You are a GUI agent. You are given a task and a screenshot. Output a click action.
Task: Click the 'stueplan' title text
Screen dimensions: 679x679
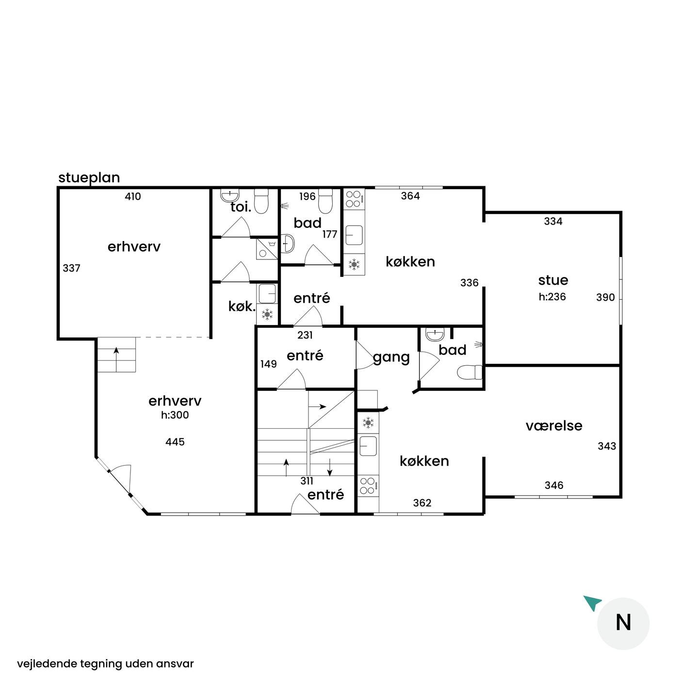point(89,178)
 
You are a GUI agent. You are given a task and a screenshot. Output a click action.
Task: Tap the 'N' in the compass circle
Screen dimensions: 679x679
point(623,623)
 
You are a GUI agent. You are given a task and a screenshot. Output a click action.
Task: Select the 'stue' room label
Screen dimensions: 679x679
point(553,280)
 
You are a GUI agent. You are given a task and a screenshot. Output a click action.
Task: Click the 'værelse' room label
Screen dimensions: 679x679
point(553,426)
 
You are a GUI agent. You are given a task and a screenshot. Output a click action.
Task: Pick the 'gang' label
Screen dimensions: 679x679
point(391,357)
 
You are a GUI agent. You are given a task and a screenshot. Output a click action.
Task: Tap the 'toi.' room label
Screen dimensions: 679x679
point(241,207)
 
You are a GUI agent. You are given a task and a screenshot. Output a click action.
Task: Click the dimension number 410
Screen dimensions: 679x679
point(133,196)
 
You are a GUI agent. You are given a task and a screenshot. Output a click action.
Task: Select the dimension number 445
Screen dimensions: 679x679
point(175,442)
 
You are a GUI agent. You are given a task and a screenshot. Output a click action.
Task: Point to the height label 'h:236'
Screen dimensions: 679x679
point(552,297)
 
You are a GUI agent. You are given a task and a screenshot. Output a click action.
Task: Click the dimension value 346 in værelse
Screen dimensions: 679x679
point(554,485)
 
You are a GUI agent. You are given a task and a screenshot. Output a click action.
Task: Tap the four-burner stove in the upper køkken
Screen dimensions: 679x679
point(354,199)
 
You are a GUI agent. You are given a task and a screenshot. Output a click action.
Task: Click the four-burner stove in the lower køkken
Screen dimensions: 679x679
point(368,485)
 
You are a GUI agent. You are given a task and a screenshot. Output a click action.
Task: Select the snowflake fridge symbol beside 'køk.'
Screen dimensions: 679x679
point(267,314)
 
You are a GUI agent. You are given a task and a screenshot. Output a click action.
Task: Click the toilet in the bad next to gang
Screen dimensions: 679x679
point(469,372)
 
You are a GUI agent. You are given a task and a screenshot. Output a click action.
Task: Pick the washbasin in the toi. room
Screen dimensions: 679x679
point(230,195)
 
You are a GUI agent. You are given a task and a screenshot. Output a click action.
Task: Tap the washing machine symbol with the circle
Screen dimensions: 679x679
point(267,249)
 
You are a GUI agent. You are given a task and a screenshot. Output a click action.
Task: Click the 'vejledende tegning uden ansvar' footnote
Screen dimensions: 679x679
point(105,664)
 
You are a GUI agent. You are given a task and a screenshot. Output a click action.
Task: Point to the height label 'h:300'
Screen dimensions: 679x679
point(175,415)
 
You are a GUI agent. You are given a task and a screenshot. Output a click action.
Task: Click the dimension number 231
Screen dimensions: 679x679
point(305,335)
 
